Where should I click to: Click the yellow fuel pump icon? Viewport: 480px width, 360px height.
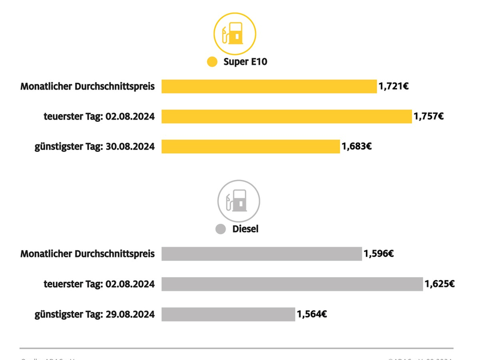(x=235, y=34)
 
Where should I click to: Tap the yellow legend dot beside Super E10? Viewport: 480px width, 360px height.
(x=212, y=62)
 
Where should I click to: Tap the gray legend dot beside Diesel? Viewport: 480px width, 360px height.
(x=220, y=229)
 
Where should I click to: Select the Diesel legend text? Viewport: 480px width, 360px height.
(x=245, y=229)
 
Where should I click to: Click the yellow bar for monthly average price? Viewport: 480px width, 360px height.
(x=269, y=86)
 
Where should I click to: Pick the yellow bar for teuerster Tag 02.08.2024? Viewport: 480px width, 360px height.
(x=286, y=116)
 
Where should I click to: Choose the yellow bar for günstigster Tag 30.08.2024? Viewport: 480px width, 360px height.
(x=250, y=146)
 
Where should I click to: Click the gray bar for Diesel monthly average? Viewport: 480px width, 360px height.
(x=262, y=254)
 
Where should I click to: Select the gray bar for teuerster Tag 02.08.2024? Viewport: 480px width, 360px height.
(x=292, y=284)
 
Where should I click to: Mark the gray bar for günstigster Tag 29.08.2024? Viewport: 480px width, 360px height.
(x=228, y=314)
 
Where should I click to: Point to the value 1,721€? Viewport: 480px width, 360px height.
(x=394, y=86)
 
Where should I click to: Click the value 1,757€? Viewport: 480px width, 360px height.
(x=428, y=116)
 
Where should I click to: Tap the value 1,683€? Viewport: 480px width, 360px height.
(x=356, y=146)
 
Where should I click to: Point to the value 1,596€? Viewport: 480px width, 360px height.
(x=379, y=254)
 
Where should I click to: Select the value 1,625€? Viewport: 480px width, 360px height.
(x=439, y=284)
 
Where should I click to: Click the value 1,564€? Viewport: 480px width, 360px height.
(x=311, y=314)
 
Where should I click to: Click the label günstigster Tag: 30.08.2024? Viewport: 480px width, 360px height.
(x=94, y=146)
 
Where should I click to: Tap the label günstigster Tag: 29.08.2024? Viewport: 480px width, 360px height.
(x=94, y=314)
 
